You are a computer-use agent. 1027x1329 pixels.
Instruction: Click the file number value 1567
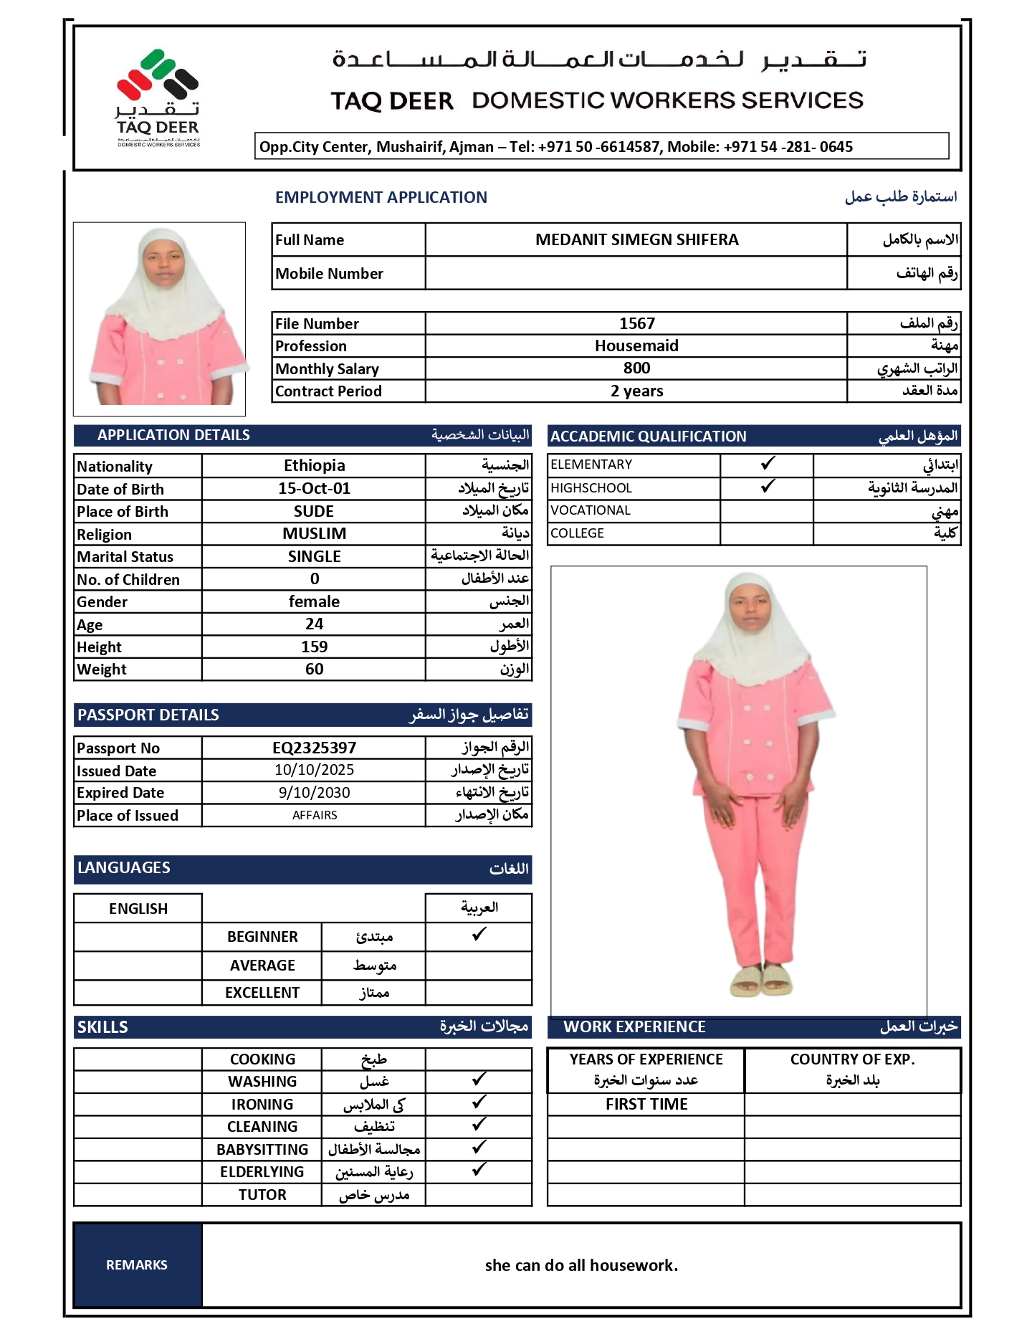(636, 323)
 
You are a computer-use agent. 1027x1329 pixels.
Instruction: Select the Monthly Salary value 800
(636, 368)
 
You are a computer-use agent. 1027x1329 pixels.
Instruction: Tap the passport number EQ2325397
(314, 748)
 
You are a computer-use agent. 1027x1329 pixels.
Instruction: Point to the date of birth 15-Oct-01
(314, 489)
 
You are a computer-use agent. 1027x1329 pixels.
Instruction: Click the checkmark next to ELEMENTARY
(768, 464)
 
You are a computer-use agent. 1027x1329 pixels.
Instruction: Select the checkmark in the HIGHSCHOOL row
(768, 487)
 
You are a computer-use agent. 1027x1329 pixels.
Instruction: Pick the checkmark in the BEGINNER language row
(479, 935)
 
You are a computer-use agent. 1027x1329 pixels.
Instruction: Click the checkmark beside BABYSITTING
(479, 1148)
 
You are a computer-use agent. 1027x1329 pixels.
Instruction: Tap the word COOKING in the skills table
(262, 1059)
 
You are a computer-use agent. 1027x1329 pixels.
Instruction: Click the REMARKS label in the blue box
(137, 1265)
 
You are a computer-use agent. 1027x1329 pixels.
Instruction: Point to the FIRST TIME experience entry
(646, 1105)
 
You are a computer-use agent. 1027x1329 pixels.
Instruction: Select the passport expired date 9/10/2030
(314, 793)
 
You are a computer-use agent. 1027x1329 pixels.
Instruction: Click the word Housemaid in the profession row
(636, 346)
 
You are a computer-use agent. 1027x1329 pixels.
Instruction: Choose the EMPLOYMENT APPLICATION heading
(381, 198)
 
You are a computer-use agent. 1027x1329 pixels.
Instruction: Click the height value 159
(314, 647)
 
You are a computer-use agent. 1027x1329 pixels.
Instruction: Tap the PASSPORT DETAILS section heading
(148, 715)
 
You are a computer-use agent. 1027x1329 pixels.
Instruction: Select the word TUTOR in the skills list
(262, 1195)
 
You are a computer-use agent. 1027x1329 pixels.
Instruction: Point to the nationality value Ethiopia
(314, 466)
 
